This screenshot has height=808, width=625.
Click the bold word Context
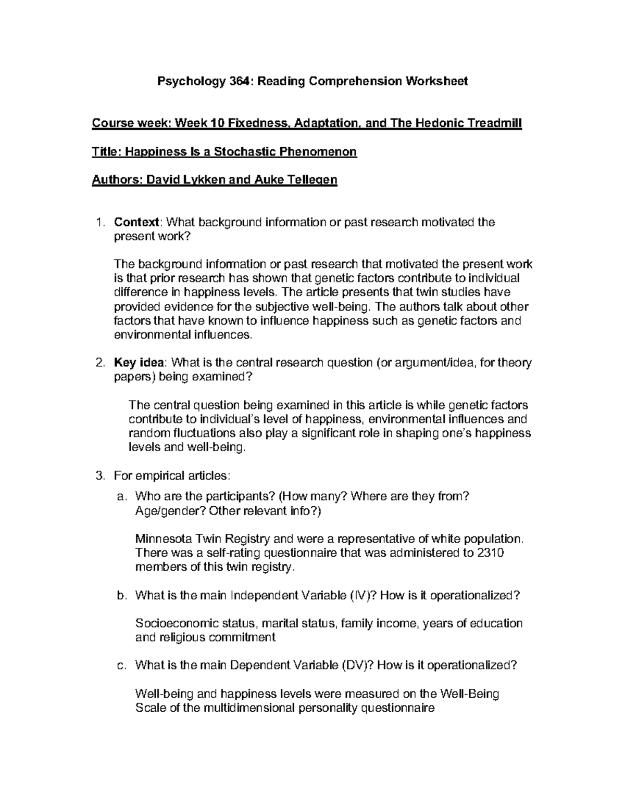[x=136, y=223]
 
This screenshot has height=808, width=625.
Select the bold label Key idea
[x=139, y=363]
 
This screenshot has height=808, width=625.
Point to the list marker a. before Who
[x=122, y=497]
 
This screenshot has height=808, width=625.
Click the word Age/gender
[x=170, y=511]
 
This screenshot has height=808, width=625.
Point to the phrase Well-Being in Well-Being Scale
[x=470, y=694]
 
